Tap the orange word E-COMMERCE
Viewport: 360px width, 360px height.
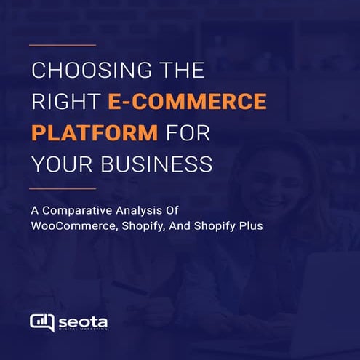(x=187, y=103)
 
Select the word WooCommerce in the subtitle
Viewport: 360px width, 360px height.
(x=76, y=226)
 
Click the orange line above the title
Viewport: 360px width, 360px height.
(x=63, y=45)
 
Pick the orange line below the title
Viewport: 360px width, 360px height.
(x=63, y=188)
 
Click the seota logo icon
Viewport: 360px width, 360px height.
(x=41, y=321)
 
